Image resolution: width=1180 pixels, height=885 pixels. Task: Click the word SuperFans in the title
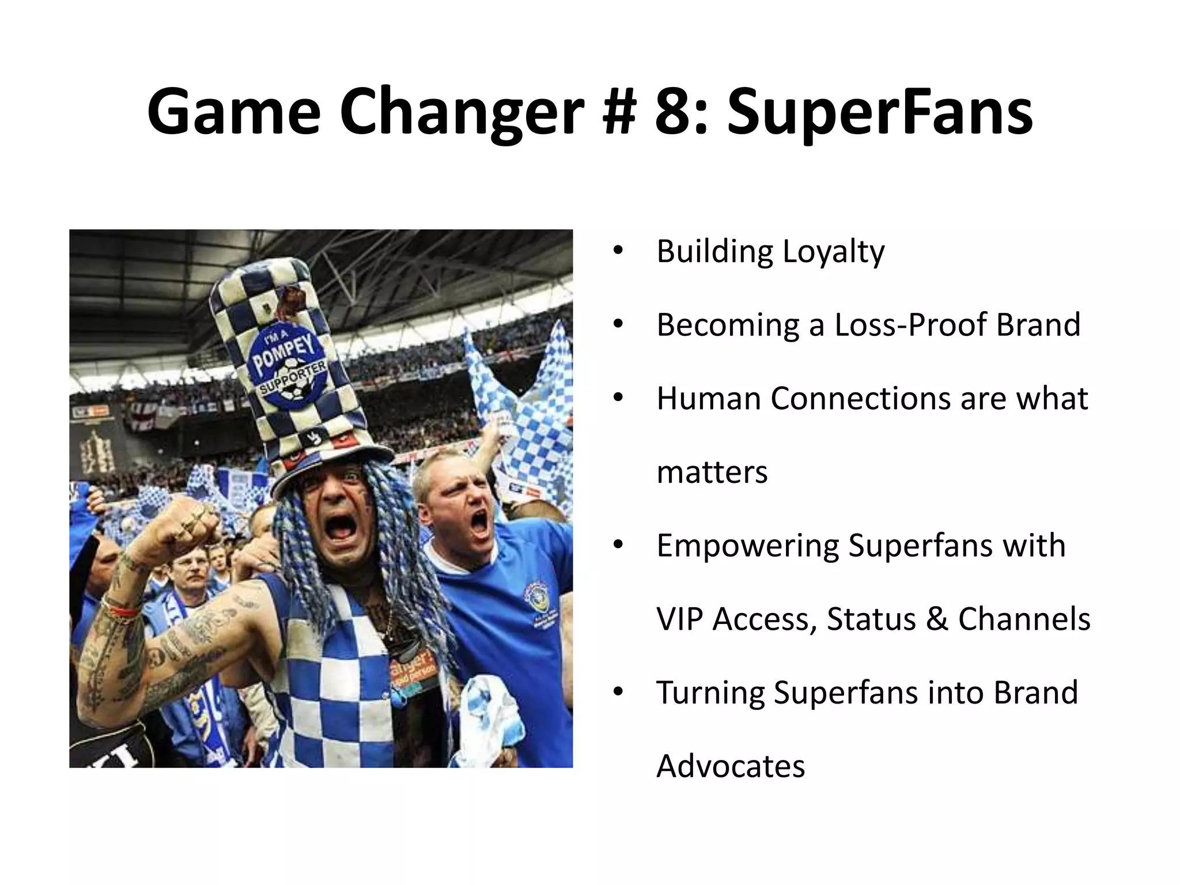click(x=880, y=112)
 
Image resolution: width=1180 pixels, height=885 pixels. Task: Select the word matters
click(x=712, y=472)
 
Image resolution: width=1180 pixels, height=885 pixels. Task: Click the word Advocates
click(x=730, y=766)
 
